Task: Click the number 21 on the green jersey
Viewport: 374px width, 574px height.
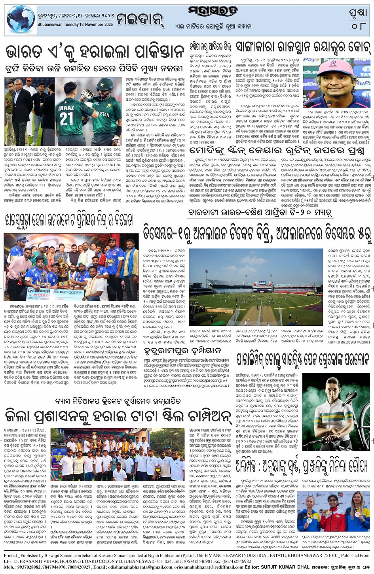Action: click(x=67, y=118)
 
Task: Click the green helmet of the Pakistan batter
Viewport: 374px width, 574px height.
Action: click(x=105, y=85)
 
